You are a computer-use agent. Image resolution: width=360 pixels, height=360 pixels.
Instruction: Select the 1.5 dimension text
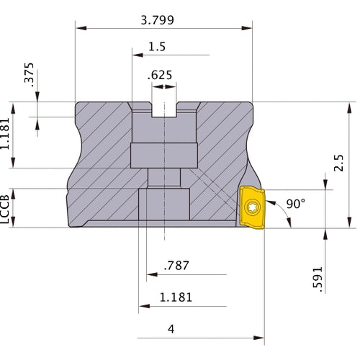tap(156, 47)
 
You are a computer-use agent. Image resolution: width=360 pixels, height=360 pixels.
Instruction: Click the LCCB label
tap(6, 208)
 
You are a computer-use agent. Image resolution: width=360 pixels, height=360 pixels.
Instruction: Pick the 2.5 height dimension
tap(340, 165)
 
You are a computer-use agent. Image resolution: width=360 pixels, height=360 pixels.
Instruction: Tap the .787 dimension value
tap(176, 265)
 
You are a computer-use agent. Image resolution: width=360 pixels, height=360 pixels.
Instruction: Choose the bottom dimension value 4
tap(171, 329)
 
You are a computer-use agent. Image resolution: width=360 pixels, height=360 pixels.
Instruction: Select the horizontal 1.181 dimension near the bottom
tap(176, 297)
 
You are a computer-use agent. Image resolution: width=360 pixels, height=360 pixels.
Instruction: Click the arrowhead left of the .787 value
tap(151, 274)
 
